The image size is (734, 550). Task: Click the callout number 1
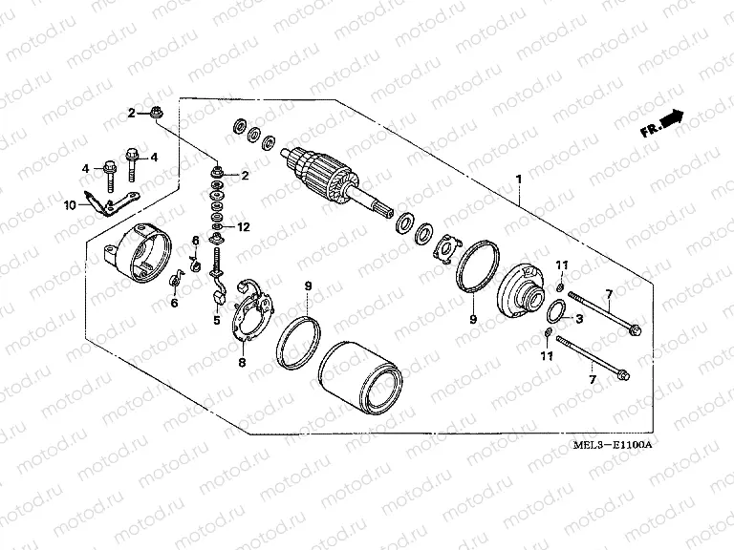519,179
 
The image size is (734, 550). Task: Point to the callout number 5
217,320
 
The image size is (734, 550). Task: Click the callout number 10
70,205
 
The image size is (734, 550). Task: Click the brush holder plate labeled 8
252,308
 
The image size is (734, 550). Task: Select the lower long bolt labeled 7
591,356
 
